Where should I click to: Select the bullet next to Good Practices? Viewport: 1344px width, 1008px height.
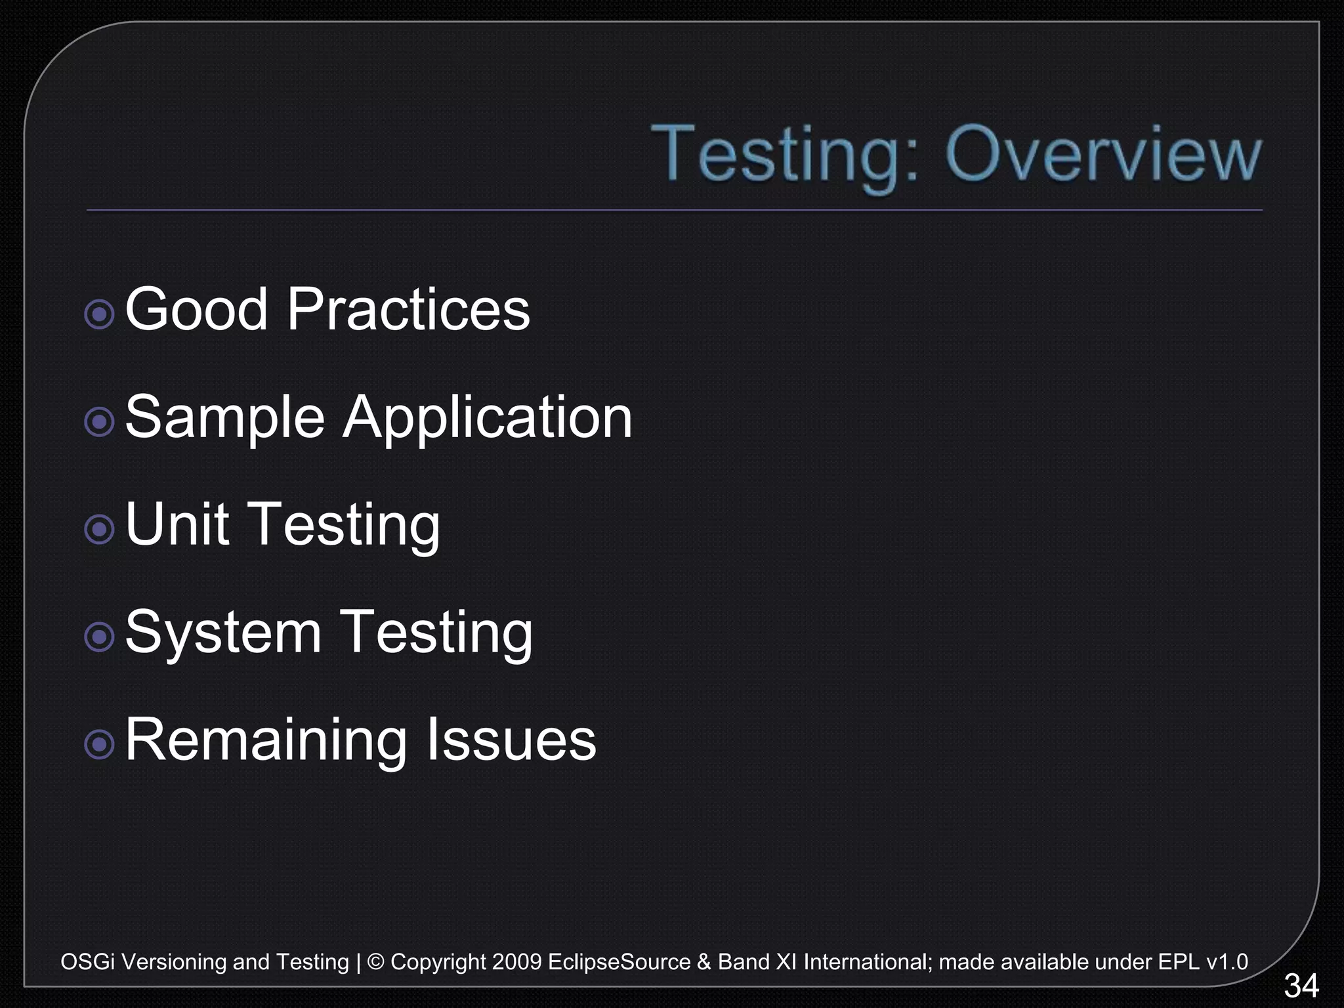tap(100, 314)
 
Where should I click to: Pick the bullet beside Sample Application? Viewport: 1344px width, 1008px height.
tap(100, 422)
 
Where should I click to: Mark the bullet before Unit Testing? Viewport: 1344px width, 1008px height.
tap(100, 529)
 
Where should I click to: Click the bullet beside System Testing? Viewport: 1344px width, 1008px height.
tap(100, 637)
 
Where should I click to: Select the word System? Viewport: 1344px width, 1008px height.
tap(223, 633)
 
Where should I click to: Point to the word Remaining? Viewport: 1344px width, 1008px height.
tap(266, 740)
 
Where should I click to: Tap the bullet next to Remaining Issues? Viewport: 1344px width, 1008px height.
tap(100, 744)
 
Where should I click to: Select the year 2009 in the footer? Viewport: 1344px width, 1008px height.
tap(516, 962)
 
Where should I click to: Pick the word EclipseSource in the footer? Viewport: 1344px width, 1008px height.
tap(619, 962)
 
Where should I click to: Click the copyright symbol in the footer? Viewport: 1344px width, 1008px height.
tap(375, 962)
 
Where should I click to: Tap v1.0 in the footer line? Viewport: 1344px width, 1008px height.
tap(1227, 962)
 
